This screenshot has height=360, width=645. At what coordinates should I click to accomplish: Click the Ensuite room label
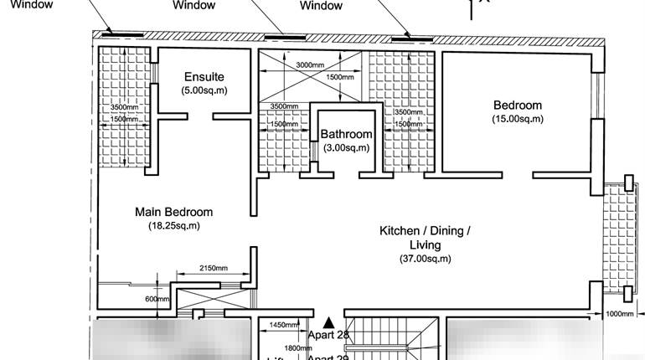click(204, 77)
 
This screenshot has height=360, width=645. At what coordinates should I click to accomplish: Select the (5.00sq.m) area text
click(204, 90)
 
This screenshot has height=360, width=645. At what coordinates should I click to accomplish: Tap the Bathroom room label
click(346, 134)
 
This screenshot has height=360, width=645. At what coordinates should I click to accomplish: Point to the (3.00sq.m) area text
click(346, 147)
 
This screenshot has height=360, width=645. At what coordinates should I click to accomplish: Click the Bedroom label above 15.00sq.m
click(517, 105)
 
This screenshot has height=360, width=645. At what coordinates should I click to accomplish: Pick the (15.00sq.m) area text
click(517, 119)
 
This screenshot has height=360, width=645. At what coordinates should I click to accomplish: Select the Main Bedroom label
click(173, 212)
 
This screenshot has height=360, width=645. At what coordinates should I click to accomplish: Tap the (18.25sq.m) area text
click(173, 225)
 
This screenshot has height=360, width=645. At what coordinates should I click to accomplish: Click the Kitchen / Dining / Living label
click(425, 238)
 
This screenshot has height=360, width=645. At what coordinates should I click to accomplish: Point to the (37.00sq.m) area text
click(425, 259)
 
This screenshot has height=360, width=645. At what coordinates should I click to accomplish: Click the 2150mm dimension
click(213, 268)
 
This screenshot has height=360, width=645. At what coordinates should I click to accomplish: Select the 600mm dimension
click(157, 299)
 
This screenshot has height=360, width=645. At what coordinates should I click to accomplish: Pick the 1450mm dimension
click(284, 325)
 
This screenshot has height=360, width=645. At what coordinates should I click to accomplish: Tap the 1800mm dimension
click(297, 347)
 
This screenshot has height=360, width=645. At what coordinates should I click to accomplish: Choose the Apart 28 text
click(328, 335)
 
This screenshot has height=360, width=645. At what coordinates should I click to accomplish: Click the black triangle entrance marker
click(329, 321)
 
